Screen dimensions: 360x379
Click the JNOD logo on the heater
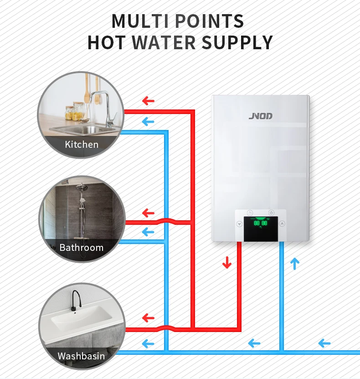tap(261, 116)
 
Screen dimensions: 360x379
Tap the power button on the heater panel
tap(271, 213)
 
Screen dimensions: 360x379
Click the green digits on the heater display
tap(261, 223)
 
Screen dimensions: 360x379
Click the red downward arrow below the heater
tap(227, 263)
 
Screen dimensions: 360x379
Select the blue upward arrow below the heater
tap(295, 263)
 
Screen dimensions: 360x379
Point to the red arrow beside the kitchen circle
tap(149, 101)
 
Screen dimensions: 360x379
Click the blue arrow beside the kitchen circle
tap(148, 122)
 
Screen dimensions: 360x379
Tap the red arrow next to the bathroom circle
tap(149, 213)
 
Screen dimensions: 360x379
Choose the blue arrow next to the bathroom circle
tap(148, 232)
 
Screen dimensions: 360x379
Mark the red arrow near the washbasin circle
tap(149, 318)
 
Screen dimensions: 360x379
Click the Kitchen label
tap(82, 145)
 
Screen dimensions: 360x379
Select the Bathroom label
tap(82, 248)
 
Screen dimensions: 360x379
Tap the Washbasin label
tap(81, 356)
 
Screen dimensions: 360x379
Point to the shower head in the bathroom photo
tap(82, 187)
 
